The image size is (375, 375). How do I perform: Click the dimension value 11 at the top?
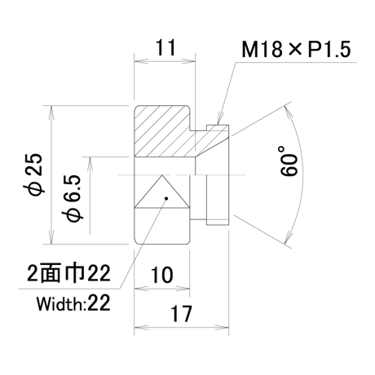pos(165,47)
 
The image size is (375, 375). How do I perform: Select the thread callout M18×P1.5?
pos(296,49)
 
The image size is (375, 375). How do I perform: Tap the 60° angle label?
pos(288,161)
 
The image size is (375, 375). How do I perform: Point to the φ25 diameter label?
pos(35,174)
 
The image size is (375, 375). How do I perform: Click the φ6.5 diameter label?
pos(73,197)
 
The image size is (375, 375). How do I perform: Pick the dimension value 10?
pos(162,275)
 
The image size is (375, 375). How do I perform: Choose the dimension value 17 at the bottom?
pos(181,314)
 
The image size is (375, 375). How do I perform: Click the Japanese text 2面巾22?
pos(69,273)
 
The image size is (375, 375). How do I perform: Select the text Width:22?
pos(73,303)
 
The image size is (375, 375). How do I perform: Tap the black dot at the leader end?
pos(166,198)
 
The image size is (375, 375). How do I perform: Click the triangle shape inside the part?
pos(162,192)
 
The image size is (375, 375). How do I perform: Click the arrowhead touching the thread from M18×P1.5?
pos(218,120)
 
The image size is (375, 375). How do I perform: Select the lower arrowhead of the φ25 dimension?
pos(51,237)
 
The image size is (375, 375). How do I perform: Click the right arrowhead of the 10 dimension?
pos(183,289)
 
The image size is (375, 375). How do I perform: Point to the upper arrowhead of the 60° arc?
pos(288,112)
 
